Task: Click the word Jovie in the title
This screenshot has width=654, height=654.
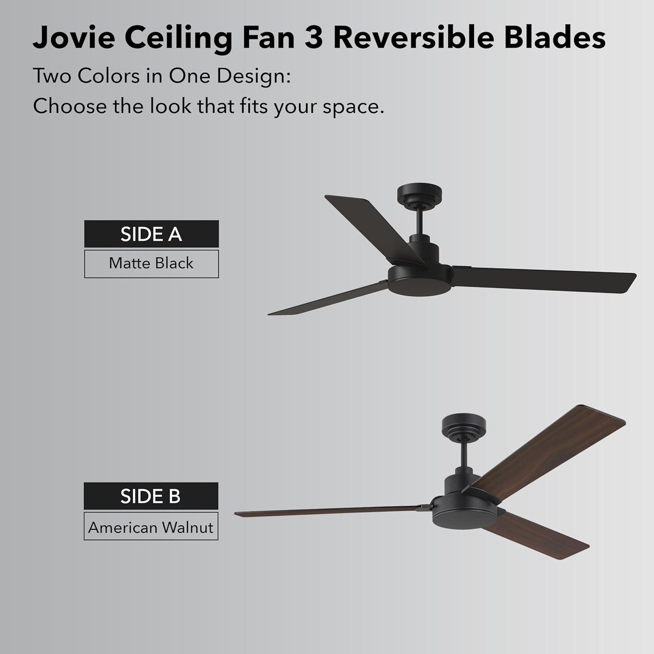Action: pyautogui.click(x=74, y=37)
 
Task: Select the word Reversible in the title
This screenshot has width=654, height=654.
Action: pyautogui.click(x=413, y=37)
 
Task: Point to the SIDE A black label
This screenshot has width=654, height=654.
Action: pyautogui.click(x=151, y=234)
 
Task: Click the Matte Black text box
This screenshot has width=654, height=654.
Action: pyautogui.click(x=151, y=263)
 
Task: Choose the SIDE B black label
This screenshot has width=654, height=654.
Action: pyautogui.click(x=151, y=496)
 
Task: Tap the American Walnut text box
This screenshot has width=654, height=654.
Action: pyautogui.click(x=151, y=528)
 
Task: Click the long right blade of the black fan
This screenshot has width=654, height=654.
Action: pyautogui.click(x=545, y=279)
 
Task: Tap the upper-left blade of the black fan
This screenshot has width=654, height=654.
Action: pyautogui.click(x=371, y=227)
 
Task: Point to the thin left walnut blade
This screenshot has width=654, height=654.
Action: pyautogui.click(x=327, y=511)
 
